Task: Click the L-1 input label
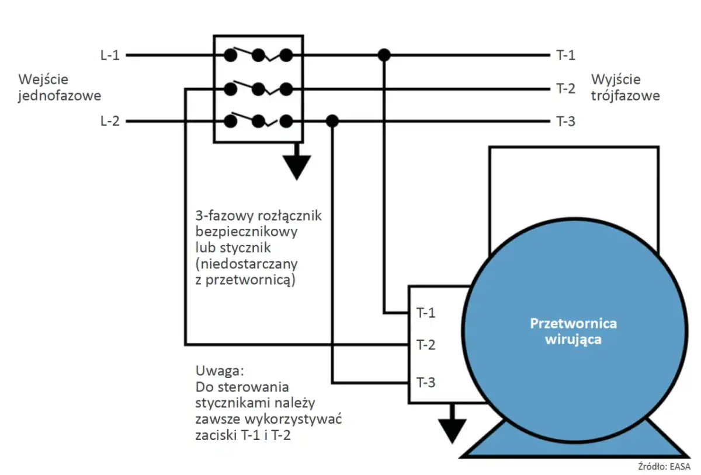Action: pyautogui.click(x=109, y=56)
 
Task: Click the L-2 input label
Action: pyautogui.click(x=109, y=121)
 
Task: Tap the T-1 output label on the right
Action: pyautogui.click(x=565, y=56)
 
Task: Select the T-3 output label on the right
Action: pyautogui.click(x=565, y=121)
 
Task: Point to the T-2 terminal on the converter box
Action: pyautogui.click(x=426, y=345)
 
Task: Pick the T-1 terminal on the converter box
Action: pyautogui.click(x=426, y=313)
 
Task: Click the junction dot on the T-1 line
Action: pyautogui.click(x=384, y=55)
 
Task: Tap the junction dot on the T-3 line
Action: pyautogui.click(x=332, y=121)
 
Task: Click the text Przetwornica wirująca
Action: pyautogui.click(x=573, y=331)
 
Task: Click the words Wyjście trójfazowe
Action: pyautogui.click(x=626, y=88)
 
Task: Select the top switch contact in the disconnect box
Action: pyautogui.click(x=258, y=55)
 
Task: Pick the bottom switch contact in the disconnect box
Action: pyautogui.click(x=258, y=121)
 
